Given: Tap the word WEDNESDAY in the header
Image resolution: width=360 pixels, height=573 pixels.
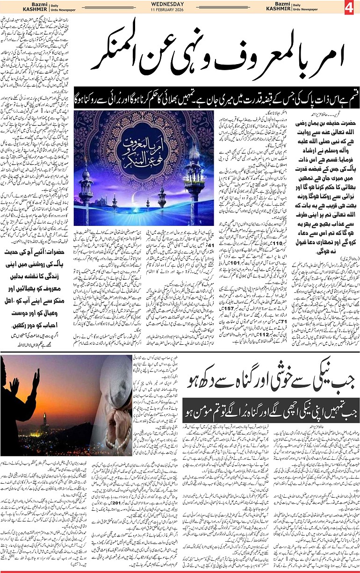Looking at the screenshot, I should point(167,4).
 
